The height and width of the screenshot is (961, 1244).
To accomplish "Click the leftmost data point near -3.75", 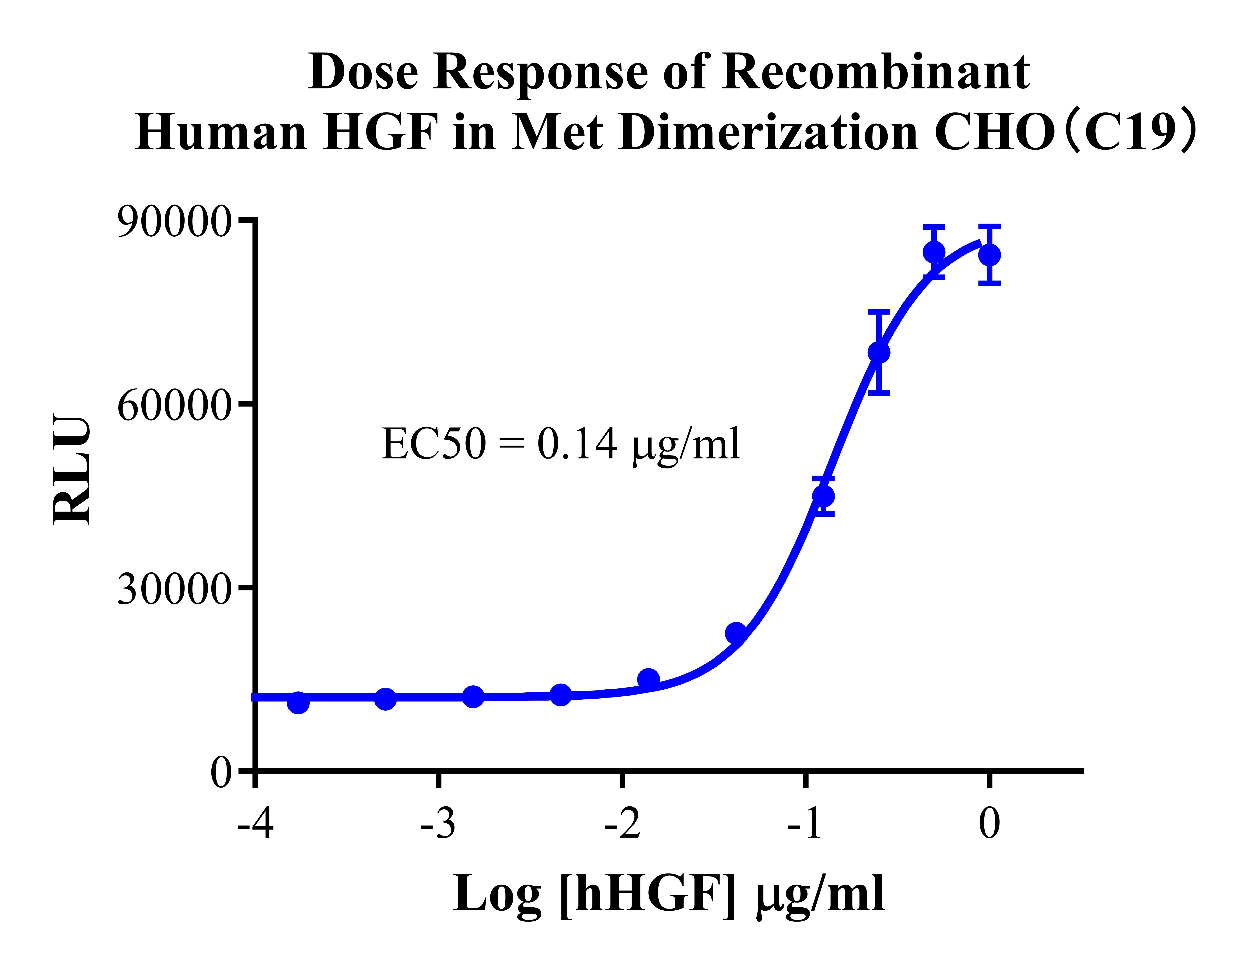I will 298,703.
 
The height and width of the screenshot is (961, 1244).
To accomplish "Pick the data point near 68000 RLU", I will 879,353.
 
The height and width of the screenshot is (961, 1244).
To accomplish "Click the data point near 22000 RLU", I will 736,633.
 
